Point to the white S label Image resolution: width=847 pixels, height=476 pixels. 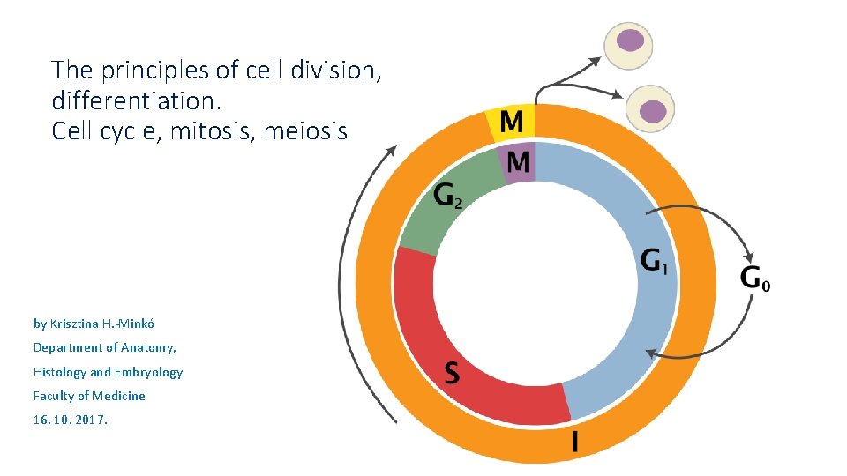coord(451,373)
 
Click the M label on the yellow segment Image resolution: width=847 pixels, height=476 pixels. coord(511,122)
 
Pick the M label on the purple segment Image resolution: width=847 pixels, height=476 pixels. coord(519,161)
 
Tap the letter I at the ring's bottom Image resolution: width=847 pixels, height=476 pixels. coord(575,442)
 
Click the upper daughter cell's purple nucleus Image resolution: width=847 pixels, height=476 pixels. coord(630,40)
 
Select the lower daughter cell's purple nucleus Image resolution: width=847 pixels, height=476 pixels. coord(652,110)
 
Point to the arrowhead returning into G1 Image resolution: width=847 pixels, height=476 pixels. coord(648,353)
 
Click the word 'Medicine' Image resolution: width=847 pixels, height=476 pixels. coord(120,396)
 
